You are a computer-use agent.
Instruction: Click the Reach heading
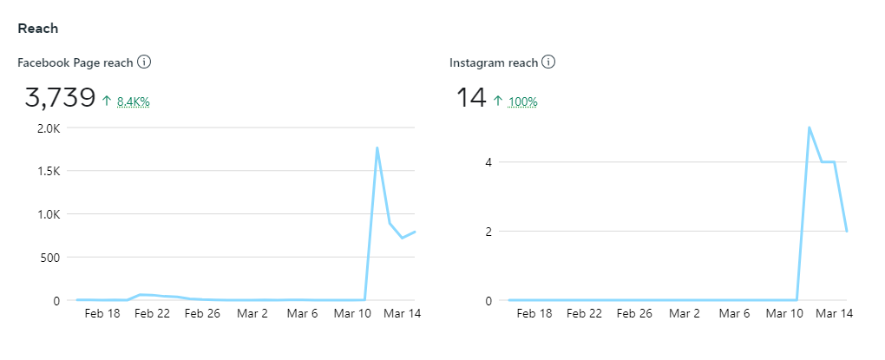pos(38,29)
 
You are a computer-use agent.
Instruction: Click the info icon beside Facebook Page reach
pos(145,62)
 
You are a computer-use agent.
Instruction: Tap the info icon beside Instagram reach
pos(548,62)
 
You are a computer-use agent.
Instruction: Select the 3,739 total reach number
pos(60,98)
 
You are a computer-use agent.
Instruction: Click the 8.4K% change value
pos(134,101)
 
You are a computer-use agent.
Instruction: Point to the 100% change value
pos(522,101)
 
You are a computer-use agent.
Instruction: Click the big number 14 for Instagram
pos(471,98)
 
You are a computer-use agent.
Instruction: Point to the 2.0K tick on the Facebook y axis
pos(48,128)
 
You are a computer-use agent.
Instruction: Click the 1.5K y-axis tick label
pos(48,171)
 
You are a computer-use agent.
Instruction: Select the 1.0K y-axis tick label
pos(48,214)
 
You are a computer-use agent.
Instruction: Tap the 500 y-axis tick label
pos(50,258)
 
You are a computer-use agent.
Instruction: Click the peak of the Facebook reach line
pos(377,147)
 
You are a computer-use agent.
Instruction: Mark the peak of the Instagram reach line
pos(809,128)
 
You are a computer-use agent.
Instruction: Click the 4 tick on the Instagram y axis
pos(489,162)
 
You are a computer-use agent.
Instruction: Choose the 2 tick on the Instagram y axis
pos(489,232)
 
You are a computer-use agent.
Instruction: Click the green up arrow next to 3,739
pos(107,101)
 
